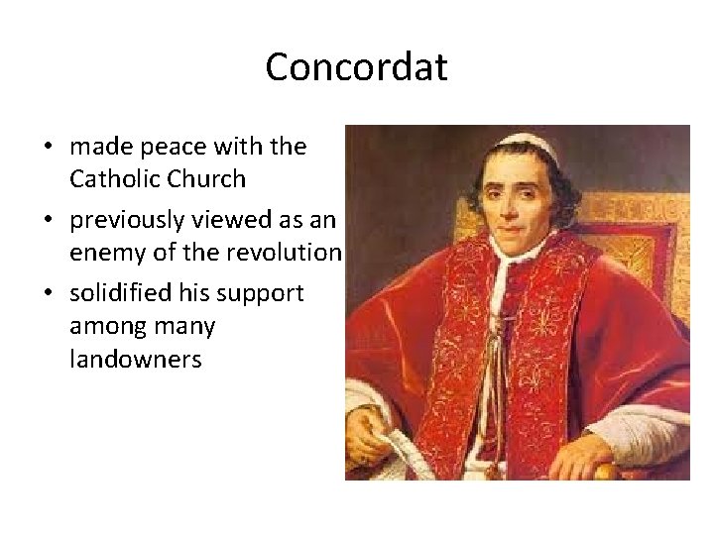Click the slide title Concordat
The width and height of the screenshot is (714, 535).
pyautogui.click(x=357, y=67)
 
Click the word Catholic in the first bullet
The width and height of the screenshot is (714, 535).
pyautogui.click(x=112, y=178)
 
